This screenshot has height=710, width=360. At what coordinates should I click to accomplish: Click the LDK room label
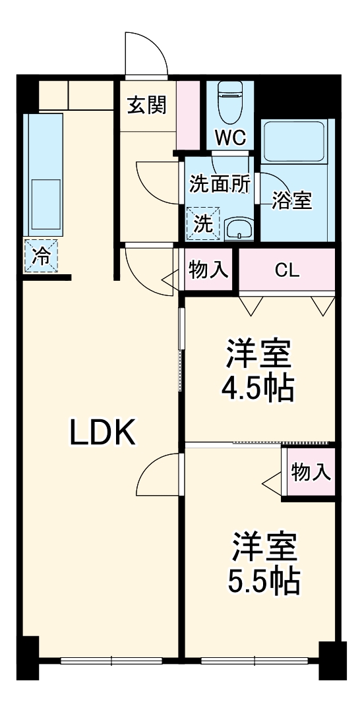tap(103, 432)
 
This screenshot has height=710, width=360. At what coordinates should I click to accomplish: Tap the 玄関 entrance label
tap(146, 105)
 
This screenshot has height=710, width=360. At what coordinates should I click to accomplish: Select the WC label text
tap(230, 138)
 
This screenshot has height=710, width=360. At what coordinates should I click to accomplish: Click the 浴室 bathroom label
tap(292, 202)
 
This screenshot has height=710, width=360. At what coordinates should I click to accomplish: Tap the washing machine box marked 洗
tap(203, 224)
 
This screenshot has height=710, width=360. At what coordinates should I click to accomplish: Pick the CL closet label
tap(287, 270)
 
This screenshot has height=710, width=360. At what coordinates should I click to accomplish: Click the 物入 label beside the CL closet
tap(208, 270)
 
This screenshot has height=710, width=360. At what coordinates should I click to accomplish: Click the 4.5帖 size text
tap(257, 389)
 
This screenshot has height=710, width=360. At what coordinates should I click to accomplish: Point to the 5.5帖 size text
tap(264, 580)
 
